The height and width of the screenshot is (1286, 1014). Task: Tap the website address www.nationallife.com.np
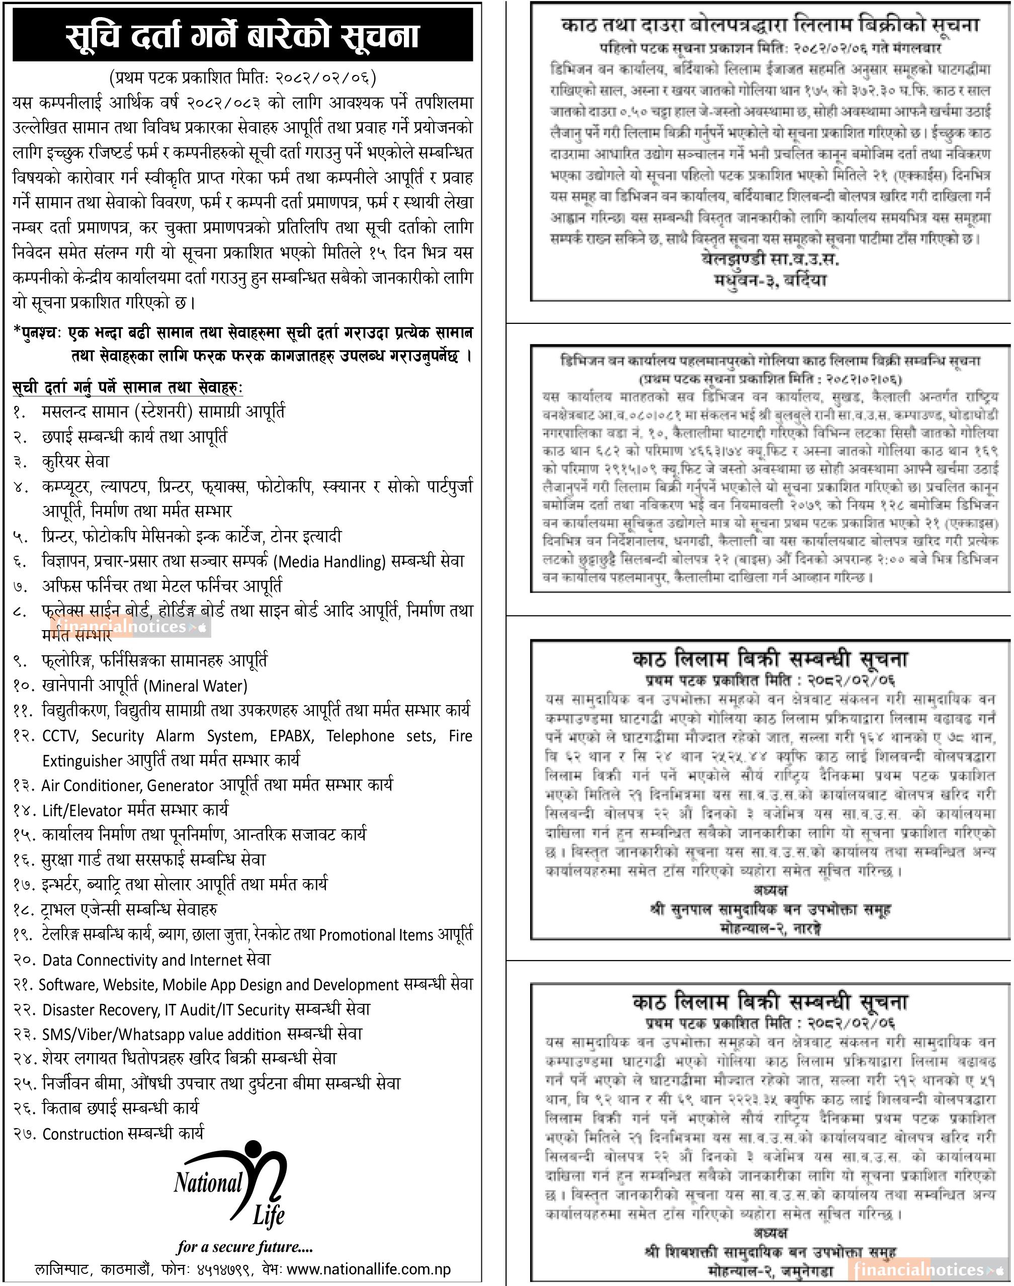tap(369, 1269)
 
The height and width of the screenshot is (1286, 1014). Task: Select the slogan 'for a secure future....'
tap(244, 1246)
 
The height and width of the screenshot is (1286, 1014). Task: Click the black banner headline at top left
tap(242, 35)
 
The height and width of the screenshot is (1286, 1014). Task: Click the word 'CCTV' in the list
tap(60, 736)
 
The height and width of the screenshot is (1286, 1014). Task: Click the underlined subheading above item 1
tap(127, 388)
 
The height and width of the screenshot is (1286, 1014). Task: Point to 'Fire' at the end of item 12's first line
tap(460, 736)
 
